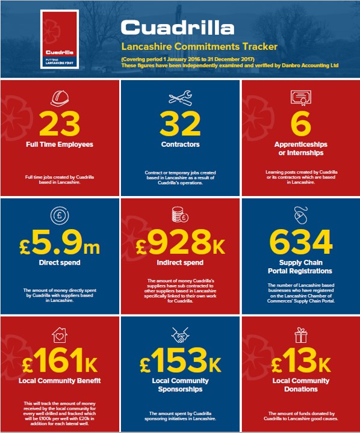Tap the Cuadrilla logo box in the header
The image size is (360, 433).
tap(58, 38)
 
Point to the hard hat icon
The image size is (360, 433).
tap(59, 97)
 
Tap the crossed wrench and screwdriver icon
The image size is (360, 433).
tap(180, 98)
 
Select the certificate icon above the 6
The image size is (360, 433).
tap(300, 97)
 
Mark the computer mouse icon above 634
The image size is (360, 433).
tap(301, 215)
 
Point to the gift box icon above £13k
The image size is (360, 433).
tap(300, 334)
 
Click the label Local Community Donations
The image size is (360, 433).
tap(300, 385)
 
